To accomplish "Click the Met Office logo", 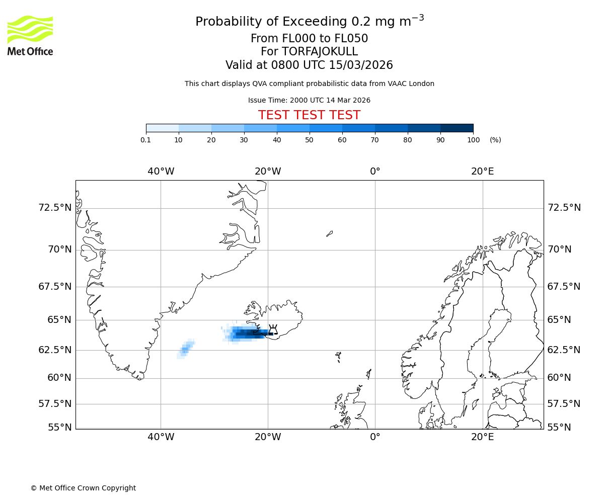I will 30,35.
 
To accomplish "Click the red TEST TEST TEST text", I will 309,115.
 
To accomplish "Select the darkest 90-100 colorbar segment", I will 457,128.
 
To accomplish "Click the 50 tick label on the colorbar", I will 310,140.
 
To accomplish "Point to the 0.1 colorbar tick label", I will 145,140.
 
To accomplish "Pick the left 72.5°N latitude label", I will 55,208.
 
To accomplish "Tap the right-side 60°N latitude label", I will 559,378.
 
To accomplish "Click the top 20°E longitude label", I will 482,172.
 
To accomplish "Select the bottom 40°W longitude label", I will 161,437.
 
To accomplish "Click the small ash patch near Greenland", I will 185,349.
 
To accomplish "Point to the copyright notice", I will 83,488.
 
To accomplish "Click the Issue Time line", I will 309,100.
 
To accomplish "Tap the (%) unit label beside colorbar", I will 495,140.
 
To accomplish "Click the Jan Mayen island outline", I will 329,233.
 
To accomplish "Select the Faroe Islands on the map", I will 338,357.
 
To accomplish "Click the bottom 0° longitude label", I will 375,437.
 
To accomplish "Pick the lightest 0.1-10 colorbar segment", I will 162,128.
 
